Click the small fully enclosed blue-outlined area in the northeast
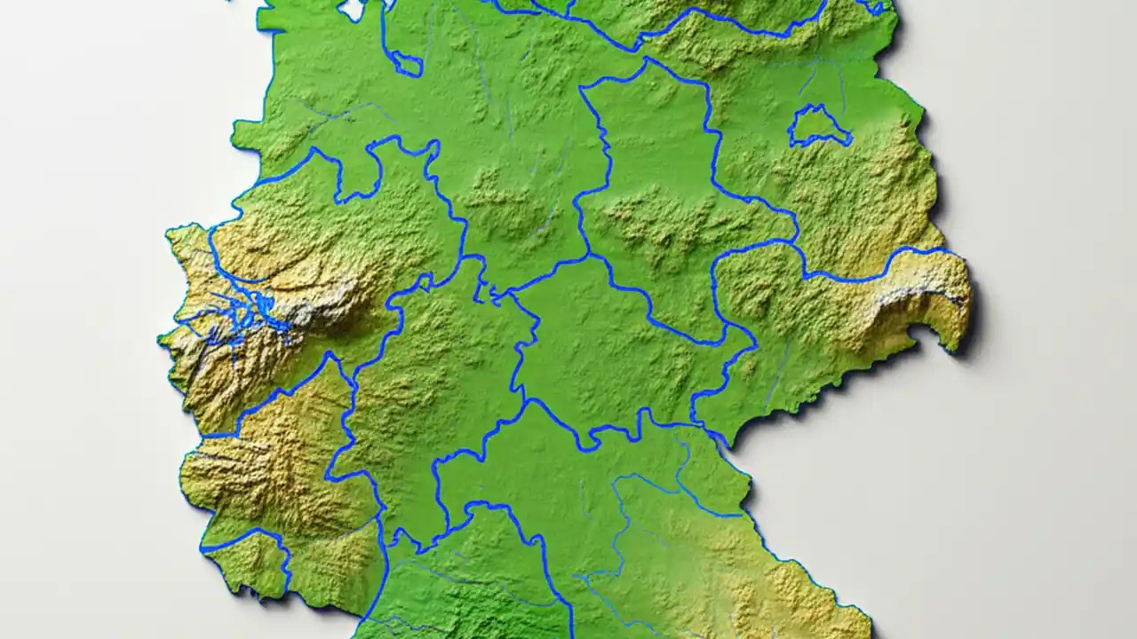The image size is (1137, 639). [818, 126]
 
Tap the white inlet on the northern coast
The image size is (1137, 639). [352, 9]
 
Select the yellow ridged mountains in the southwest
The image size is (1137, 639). [258, 470]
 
